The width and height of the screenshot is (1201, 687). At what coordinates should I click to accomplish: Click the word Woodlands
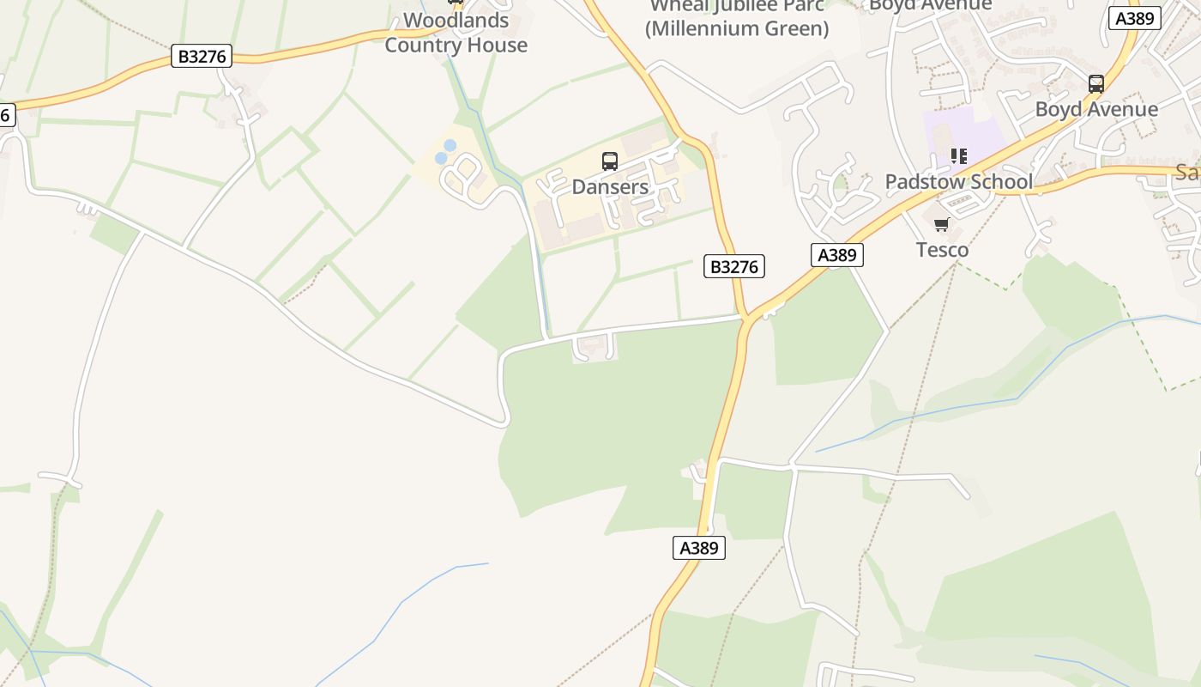point(456,21)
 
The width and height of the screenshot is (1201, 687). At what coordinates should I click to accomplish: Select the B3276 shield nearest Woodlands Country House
point(202,57)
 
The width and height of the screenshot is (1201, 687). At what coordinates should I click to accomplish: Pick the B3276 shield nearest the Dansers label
point(734,266)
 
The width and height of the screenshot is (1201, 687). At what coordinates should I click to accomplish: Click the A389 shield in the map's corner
point(1135,18)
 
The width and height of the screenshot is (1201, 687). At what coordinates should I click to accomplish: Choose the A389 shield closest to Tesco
point(836,254)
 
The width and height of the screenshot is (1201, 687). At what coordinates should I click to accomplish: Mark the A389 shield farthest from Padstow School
point(698,548)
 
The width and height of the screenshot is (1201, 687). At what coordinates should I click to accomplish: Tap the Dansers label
point(610,186)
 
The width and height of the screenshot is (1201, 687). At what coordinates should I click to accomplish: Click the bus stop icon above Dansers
point(610,161)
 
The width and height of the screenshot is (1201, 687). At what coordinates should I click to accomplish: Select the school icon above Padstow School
point(958,156)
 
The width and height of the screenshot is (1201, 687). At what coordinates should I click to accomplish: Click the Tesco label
point(942,250)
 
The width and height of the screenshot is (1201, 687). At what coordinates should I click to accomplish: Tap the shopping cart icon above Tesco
point(942,225)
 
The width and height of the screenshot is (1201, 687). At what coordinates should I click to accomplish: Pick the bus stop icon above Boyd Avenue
point(1096,84)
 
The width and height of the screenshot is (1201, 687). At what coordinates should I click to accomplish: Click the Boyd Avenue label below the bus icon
point(1096,109)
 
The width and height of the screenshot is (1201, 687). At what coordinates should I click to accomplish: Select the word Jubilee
point(739,5)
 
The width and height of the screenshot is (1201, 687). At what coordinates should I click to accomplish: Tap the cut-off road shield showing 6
point(5,114)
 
